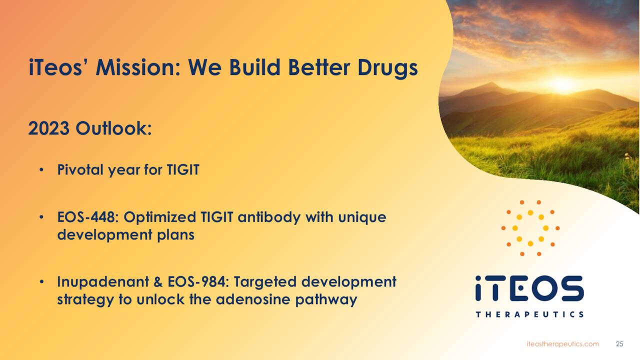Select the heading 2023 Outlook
90,128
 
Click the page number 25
619,344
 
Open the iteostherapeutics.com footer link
562,344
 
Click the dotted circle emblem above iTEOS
530,228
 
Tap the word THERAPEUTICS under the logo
529,314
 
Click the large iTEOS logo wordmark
529,288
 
